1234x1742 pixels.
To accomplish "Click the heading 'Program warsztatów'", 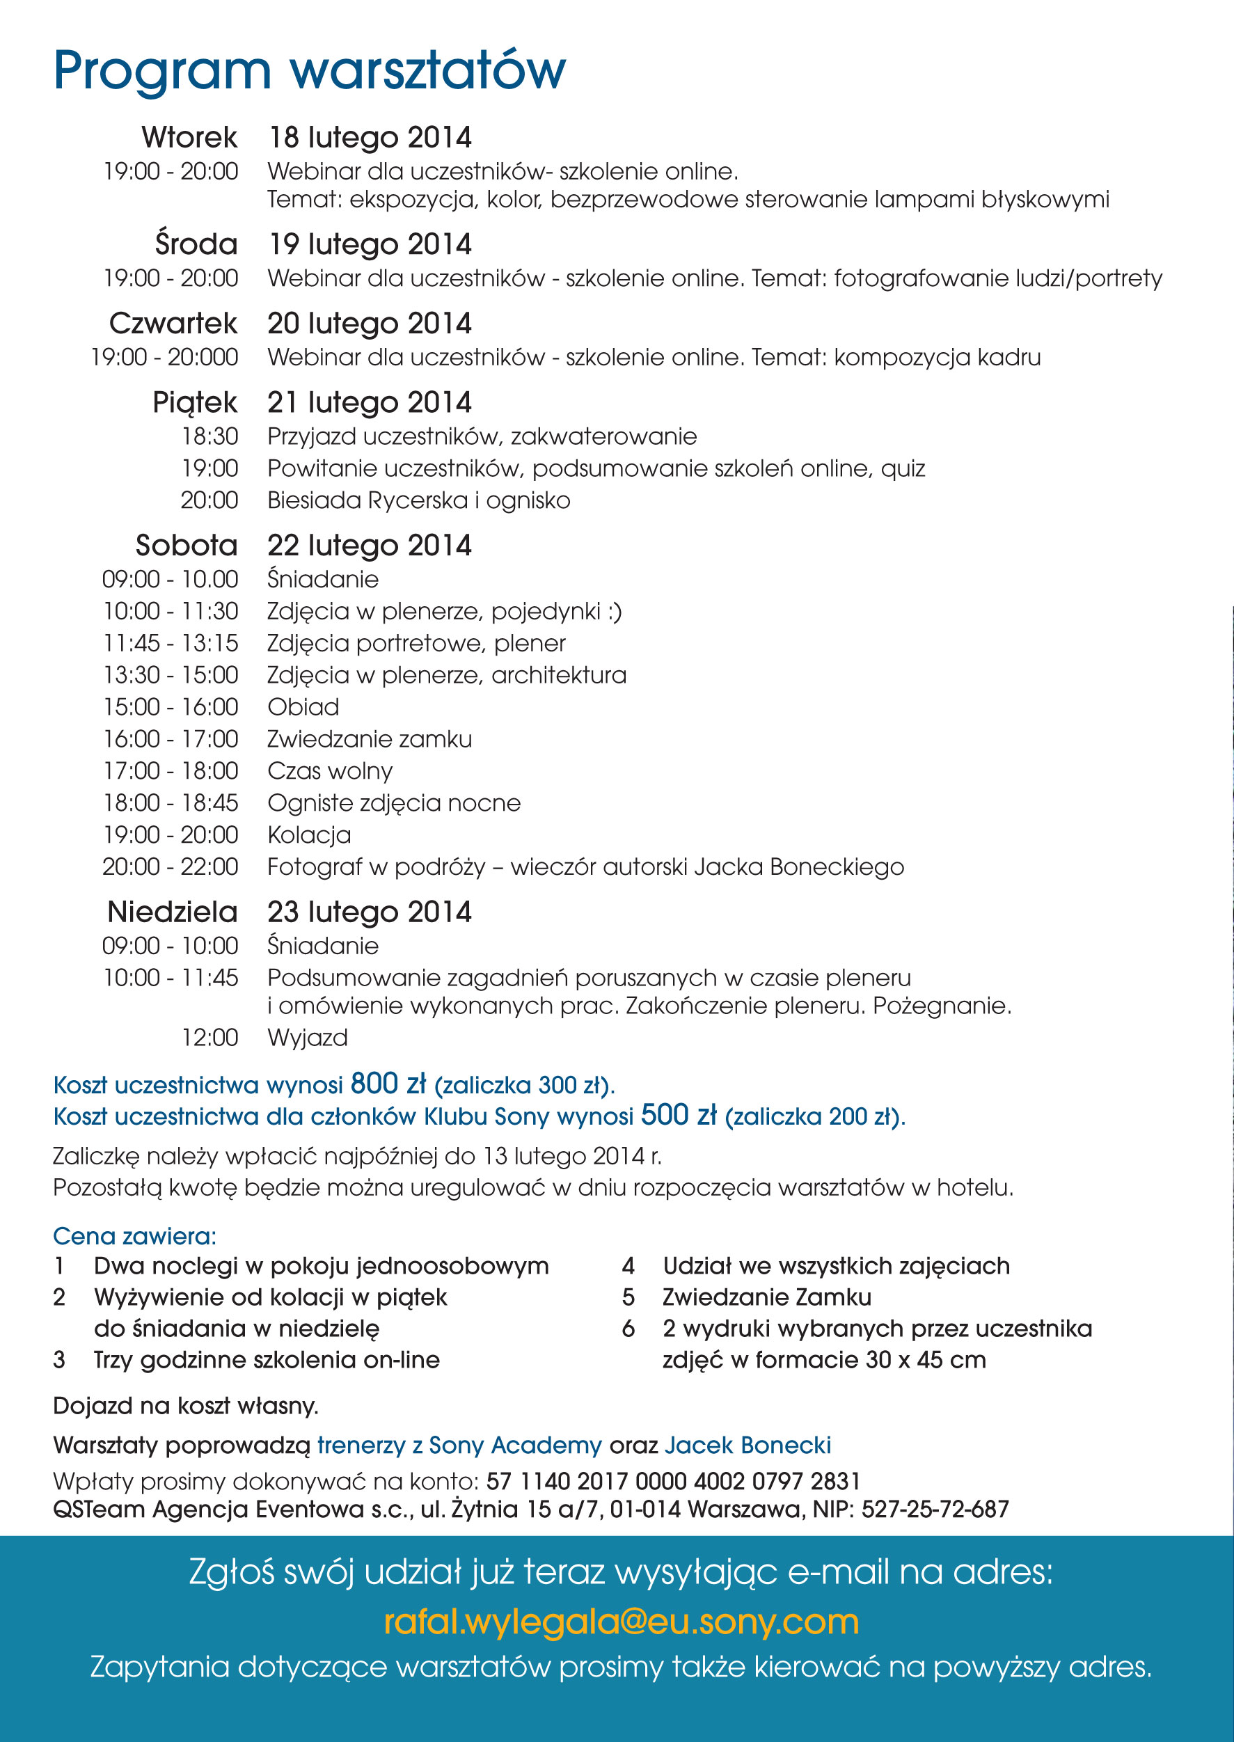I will pyautogui.click(x=309, y=71).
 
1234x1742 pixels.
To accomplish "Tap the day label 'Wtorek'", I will pyautogui.click(x=189, y=138).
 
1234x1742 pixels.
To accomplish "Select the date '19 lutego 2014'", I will pyautogui.click(x=370, y=244).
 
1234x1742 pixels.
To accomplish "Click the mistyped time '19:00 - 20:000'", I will pyautogui.click(x=164, y=357).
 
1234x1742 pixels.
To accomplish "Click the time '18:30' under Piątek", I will pyautogui.click(x=209, y=437).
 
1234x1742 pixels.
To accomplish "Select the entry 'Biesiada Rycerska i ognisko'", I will pyautogui.click(x=419, y=500).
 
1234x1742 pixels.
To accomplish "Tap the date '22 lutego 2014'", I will pyautogui.click(x=370, y=546).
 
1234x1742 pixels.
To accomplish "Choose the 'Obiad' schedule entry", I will pyautogui.click(x=303, y=707).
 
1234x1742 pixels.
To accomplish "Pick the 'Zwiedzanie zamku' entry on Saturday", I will pyautogui.click(x=370, y=739).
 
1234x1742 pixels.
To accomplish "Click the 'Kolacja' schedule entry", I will pyautogui.click(x=309, y=835).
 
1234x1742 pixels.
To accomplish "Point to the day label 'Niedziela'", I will pyautogui.click(x=173, y=912).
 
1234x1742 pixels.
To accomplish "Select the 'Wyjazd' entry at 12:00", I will pyautogui.click(x=308, y=1038).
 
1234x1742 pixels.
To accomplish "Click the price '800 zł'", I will pyautogui.click(x=388, y=1084).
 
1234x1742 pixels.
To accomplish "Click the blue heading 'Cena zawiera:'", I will pyautogui.click(x=134, y=1236).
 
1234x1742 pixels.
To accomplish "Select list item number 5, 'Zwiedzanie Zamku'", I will pyautogui.click(x=767, y=1297).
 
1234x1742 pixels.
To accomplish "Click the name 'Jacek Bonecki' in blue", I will pyautogui.click(x=747, y=1445).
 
